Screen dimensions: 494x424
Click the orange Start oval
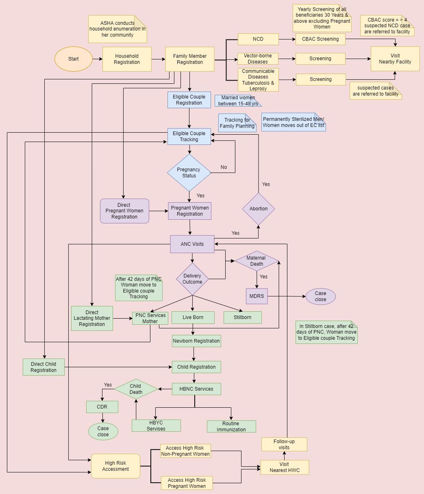(74, 59)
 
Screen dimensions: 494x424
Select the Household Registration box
(127, 59)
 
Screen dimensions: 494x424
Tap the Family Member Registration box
(190, 59)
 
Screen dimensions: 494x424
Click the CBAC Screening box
(320, 39)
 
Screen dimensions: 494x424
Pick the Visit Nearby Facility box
(395, 59)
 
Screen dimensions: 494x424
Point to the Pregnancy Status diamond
(189, 173)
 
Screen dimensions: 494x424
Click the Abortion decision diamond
(259, 209)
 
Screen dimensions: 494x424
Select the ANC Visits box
(192, 244)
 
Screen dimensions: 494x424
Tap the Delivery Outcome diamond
(192, 279)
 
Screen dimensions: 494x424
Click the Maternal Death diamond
(257, 261)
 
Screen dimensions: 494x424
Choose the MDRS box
(257, 296)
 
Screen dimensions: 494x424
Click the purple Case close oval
(320, 296)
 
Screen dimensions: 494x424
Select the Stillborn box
(243, 317)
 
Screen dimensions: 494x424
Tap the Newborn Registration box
(196, 341)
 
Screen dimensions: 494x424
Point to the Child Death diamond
(136, 389)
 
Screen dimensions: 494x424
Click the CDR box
(102, 407)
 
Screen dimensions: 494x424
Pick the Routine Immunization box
(231, 426)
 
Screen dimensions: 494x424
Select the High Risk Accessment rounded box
(116, 466)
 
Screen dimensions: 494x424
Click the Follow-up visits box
(284, 444)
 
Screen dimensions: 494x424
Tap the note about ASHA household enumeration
(117, 29)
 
